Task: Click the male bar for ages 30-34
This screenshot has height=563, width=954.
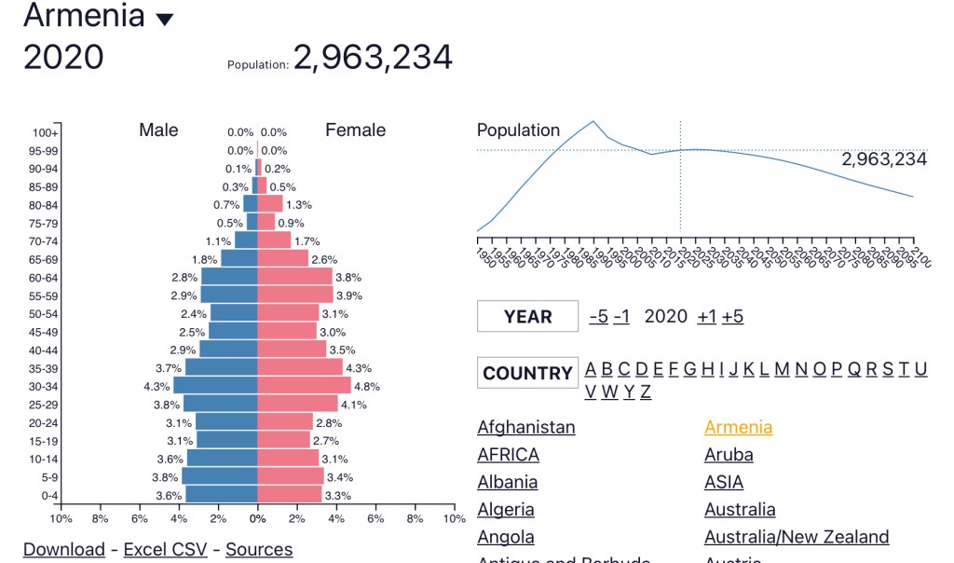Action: click(x=215, y=386)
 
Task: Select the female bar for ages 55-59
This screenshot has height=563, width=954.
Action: click(x=295, y=295)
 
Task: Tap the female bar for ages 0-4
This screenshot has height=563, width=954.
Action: click(x=289, y=495)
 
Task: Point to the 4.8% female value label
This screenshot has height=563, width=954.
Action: click(x=368, y=386)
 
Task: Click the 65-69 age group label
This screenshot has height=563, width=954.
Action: click(x=43, y=259)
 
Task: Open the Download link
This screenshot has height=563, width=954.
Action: click(x=64, y=550)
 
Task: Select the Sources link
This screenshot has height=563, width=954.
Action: click(x=259, y=550)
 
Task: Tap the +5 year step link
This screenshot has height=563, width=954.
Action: click(x=732, y=316)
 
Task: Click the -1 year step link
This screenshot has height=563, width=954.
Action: click(x=621, y=316)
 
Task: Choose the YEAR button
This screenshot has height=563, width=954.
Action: click(x=527, y=316)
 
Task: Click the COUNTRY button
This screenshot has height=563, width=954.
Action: click(x=527, y=373)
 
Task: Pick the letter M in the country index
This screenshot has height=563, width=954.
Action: click(x=782, y=369)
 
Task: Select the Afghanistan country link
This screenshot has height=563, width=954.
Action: click(x=526, y=427)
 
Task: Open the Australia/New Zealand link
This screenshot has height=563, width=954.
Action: click(x=797, y=537)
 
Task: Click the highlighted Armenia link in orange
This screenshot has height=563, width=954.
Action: click(x=738, y=427)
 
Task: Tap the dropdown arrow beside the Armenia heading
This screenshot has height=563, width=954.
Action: click(x=165, y=20)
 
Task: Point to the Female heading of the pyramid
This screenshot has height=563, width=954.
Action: click(x=355, y=130)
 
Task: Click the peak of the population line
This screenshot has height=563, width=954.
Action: click(x=593, y=121)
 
